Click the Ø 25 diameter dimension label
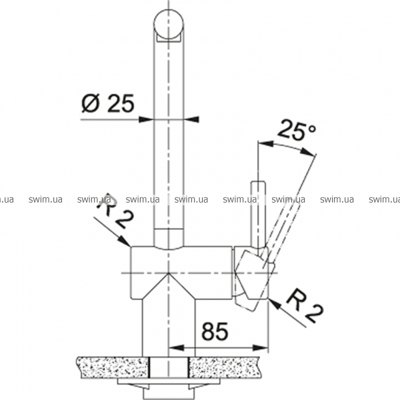107,103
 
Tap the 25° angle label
296,130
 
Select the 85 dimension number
215,331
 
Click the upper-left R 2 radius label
115,211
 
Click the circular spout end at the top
169,24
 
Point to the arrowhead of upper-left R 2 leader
125,241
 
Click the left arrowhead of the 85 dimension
177,347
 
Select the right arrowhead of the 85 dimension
260,347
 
